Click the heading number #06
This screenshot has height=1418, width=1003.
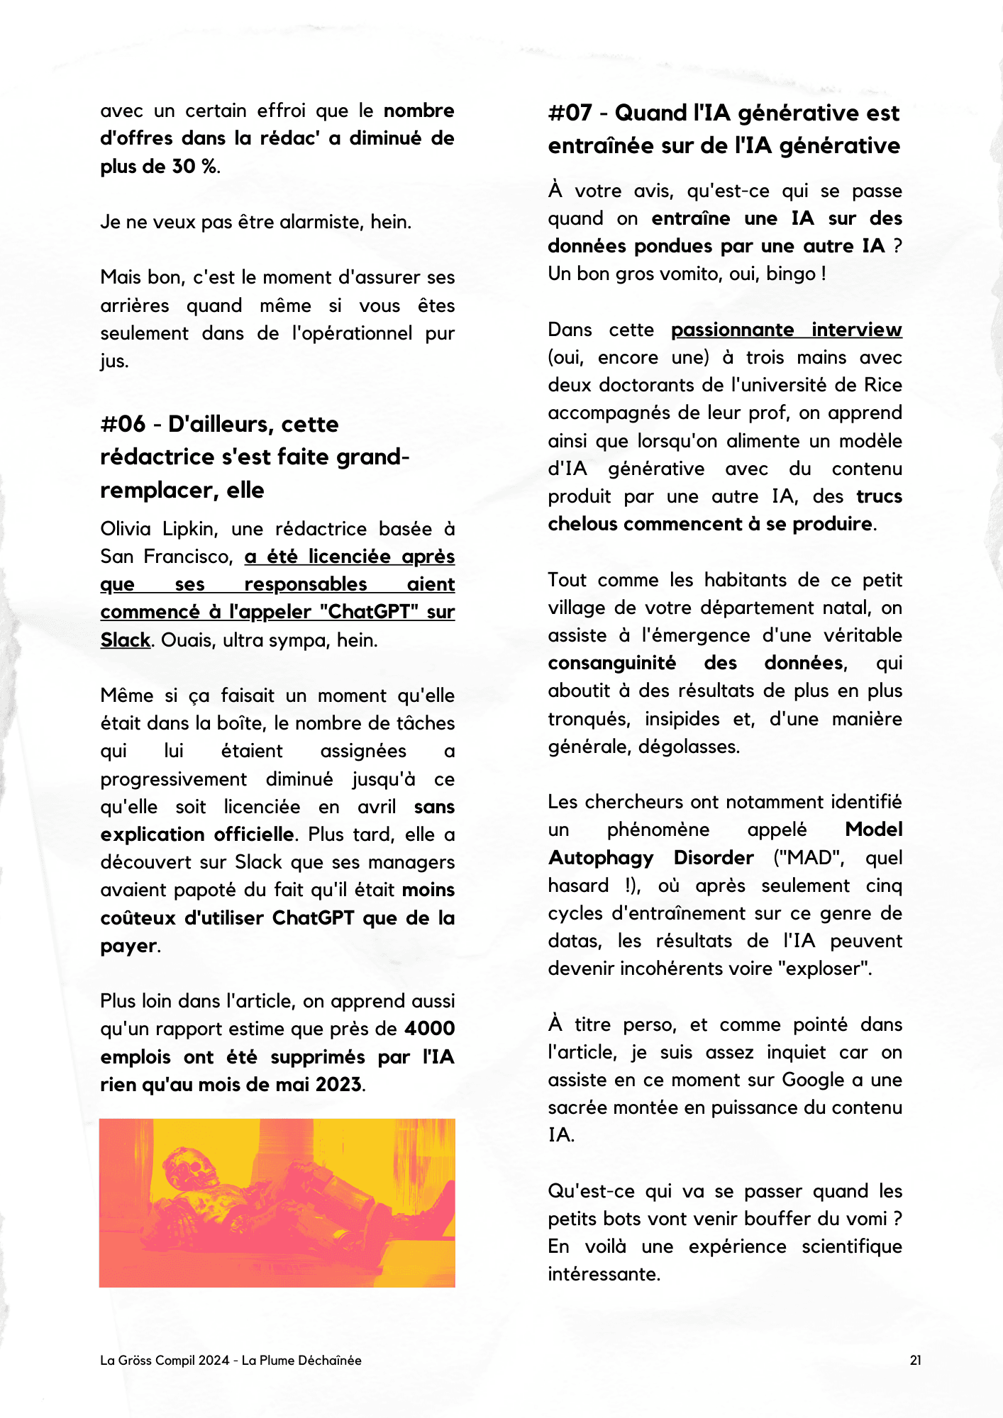coord(123,424)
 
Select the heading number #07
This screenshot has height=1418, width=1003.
coord(570,113)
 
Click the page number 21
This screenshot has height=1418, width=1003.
coord(916,1360)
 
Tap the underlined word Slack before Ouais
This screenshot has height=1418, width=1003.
coord(125,640)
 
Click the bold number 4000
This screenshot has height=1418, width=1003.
coord(430,1029)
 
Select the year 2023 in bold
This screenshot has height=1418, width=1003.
coord(338,1085)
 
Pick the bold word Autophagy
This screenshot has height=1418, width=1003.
coord(600,858)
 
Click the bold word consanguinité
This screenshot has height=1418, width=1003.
coord(611,663)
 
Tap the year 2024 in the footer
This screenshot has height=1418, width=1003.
coord(214,1360)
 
